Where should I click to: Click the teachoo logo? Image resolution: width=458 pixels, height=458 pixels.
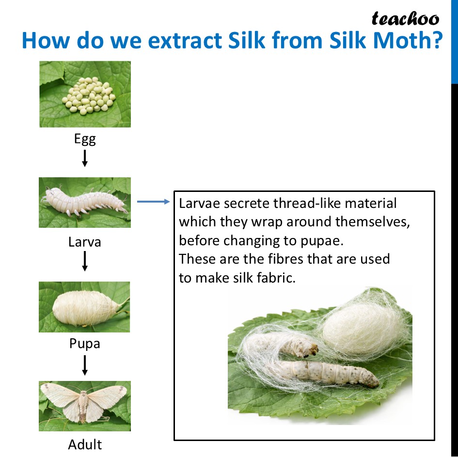(405, 19)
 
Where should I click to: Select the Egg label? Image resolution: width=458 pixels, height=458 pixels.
(85, 139)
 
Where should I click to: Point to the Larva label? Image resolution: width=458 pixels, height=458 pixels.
(85, 242)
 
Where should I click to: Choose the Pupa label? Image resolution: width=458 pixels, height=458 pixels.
(85, 344)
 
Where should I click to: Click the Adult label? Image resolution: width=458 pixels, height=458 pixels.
(85, 444)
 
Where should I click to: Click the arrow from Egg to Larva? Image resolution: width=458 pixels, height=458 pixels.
(85, 158)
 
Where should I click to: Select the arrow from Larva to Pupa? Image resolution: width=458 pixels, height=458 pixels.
(85, 261)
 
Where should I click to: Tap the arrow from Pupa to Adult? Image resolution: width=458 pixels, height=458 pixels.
(85, 365)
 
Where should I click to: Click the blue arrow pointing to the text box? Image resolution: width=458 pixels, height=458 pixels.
(153, 202)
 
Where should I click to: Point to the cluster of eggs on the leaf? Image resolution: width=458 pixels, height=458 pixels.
(89, 96)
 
